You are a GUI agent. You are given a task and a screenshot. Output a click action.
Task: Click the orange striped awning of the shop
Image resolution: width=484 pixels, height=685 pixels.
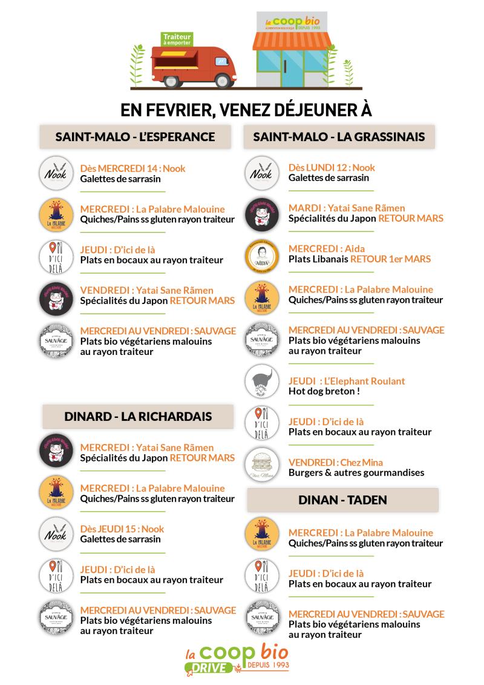[x=293, y=41]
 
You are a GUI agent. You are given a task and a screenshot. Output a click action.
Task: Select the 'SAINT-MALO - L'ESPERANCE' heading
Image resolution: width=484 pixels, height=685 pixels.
[x=135, y=137]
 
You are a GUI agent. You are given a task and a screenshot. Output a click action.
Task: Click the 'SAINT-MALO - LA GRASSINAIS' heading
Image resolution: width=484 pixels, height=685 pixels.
[x=339, y=137]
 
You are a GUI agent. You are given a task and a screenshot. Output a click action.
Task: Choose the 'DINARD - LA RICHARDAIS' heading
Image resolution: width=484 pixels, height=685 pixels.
[x=138, y=417]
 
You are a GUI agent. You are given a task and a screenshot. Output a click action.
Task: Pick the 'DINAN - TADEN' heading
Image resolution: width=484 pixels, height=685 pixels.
[x=342, y=500]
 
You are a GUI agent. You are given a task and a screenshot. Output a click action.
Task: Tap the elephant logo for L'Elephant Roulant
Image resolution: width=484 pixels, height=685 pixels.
[x=262, y=382]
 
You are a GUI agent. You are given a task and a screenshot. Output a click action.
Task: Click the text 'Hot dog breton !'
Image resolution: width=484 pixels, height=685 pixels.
[x=324, y=391]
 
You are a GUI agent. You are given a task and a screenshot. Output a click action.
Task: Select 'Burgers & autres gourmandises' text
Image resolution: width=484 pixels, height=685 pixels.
[x=356, y=472]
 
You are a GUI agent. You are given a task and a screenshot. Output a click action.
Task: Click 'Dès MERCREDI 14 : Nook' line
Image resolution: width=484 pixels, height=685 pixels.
[x=132, y=168]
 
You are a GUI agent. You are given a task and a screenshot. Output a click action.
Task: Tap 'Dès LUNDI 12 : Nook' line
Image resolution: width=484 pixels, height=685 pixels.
[x=332, y=167]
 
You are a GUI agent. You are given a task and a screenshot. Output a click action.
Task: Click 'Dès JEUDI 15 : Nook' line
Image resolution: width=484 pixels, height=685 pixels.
[x=122, y=529]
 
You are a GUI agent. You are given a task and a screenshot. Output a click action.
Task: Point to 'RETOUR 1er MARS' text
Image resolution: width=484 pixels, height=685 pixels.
[x=390, y=259]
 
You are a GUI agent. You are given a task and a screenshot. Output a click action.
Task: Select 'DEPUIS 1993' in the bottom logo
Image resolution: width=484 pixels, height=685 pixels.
[x=268, y=665]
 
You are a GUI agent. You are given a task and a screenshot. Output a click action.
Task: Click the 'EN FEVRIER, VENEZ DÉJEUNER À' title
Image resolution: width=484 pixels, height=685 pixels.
[x=246, y=110]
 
